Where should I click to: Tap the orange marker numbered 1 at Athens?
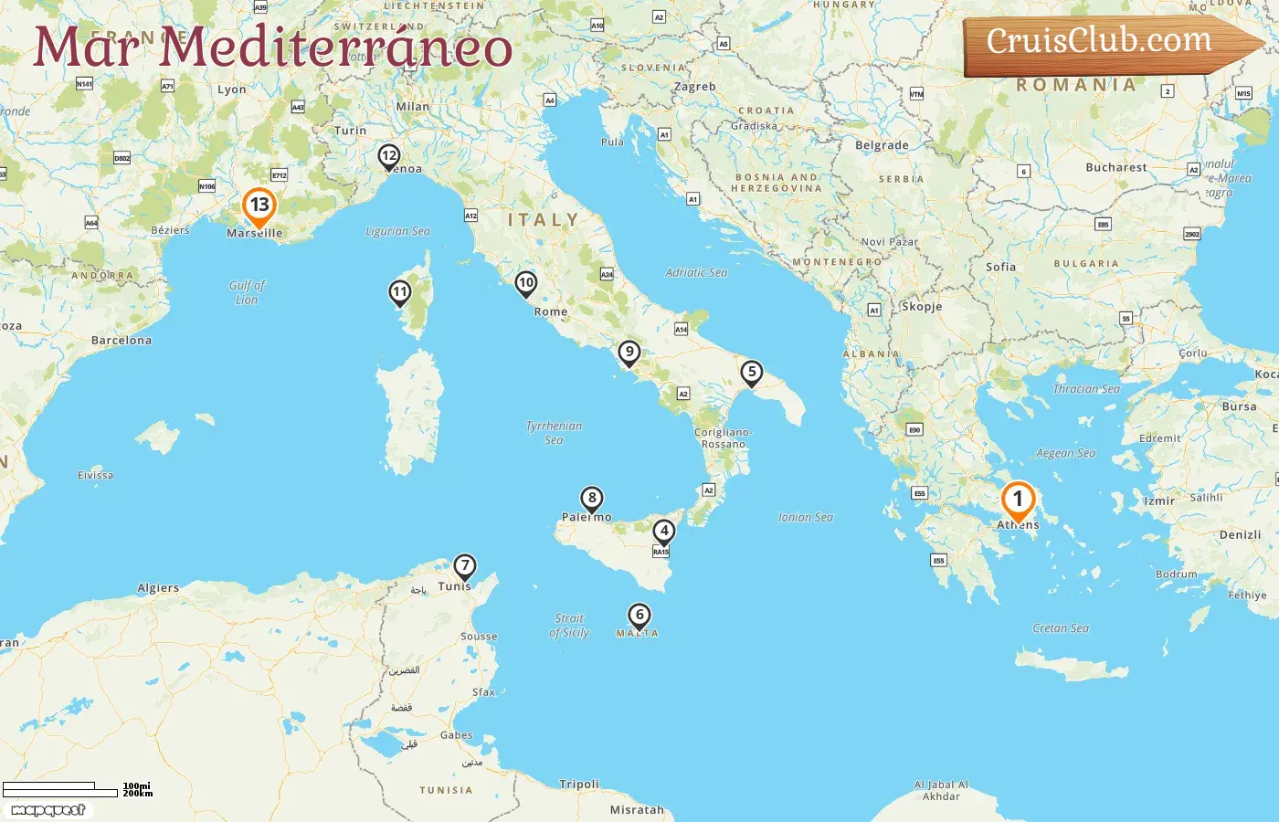(x=1018, y=501)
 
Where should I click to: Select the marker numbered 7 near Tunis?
(x=465, y=566)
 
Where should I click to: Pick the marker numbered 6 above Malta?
(x=639, y=616)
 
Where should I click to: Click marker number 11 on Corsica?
(x=399, y=293)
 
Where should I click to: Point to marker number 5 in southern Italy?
(x=752, y=373)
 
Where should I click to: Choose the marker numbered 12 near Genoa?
(x=389, y=156)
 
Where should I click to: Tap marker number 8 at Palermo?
(x=592, y=499)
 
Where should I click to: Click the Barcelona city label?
(x=122, y=341)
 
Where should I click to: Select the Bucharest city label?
(x=1115, y=168)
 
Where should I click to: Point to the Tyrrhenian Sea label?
(x=554, y=433)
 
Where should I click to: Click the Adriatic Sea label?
(x=696, y=272)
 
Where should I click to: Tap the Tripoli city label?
(x=579, y=785)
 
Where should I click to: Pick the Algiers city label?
(x=158, y=588)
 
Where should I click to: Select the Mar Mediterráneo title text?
(x=272, y=47)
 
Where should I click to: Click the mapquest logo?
(x=48, y=810)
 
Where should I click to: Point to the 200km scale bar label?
(x=138, y=794)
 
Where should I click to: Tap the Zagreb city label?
(x=694, y=87)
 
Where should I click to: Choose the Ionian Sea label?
(x=805, y=517)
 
